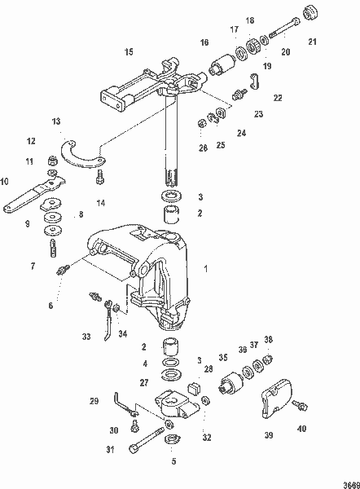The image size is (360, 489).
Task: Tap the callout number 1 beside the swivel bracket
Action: coord(206,267)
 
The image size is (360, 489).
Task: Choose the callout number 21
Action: coord(313,40)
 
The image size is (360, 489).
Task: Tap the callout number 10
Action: coord(5,181)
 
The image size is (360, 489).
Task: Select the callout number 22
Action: coord(278,97)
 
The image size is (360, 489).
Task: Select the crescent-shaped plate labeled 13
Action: coord(85,154)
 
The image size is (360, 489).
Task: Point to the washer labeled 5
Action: coord(172,441)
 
